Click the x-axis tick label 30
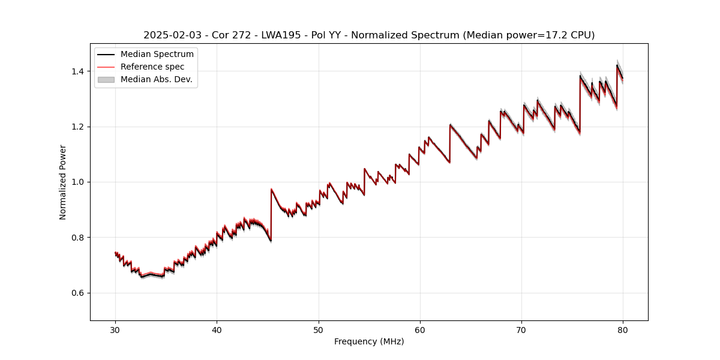point(115,330)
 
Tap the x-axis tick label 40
point(217,330)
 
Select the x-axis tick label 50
point(319,330)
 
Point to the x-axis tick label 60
point(420,330)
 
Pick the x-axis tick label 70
point(521,330)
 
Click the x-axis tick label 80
point(623,330)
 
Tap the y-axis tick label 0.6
point(78,293)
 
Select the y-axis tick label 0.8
point(78,238)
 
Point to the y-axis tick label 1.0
point(78,182)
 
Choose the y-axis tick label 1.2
point(78,127)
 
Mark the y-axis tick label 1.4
point(78,71)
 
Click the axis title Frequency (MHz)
point(369,341)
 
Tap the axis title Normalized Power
point(63,182)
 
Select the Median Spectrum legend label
point(157,55)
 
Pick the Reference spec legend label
point(152,67)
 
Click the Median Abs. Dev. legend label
point(156,79)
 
